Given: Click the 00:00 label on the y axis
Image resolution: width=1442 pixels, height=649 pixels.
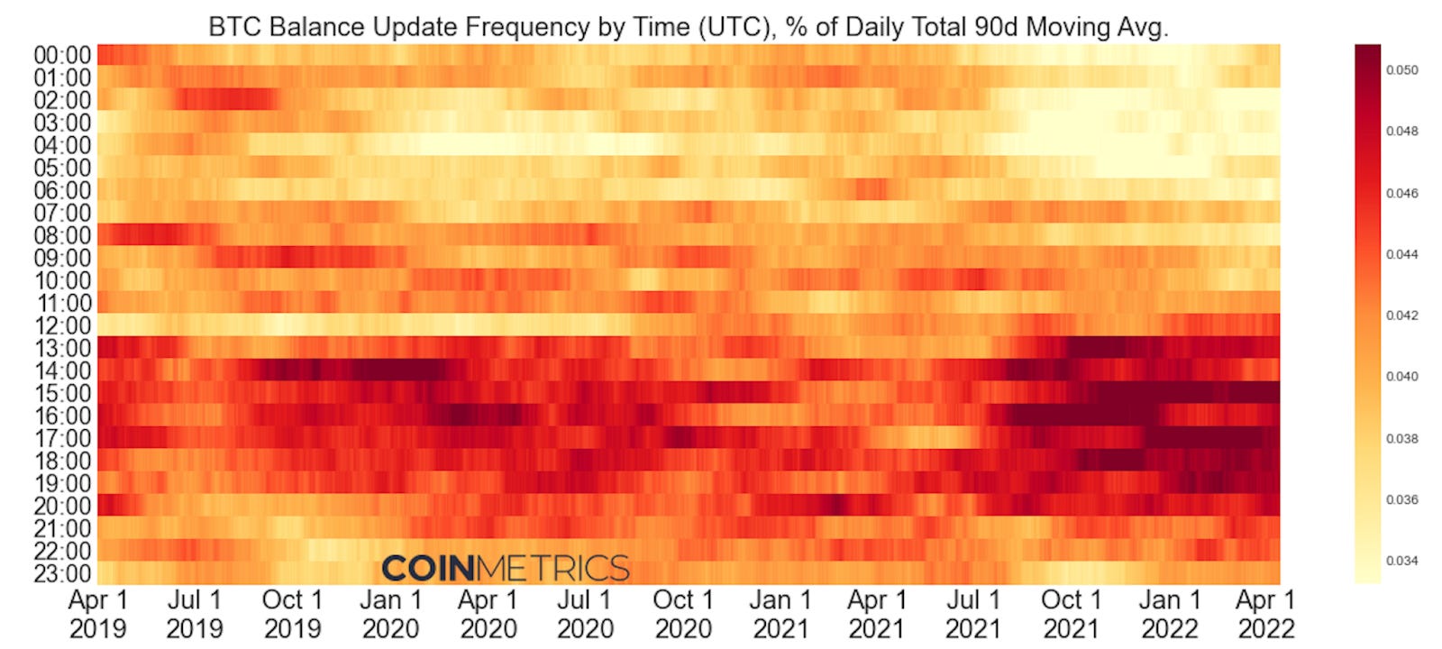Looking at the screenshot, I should point(62,55).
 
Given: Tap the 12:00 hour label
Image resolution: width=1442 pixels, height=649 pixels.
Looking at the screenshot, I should point(62,325).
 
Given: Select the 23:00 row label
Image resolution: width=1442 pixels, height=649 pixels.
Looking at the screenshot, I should point(62,573).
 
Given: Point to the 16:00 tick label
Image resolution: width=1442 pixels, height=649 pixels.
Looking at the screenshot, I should point(62,416).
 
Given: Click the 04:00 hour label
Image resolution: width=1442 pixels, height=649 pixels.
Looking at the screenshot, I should point(62,145).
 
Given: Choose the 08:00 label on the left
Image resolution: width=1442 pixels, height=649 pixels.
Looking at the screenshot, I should point(62,235).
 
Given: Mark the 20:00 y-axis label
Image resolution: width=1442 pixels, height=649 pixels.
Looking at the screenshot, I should point(62,506).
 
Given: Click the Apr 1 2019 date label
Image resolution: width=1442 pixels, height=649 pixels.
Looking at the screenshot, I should point(98,614).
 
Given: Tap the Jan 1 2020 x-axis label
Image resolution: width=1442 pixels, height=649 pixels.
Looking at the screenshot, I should point(390,614).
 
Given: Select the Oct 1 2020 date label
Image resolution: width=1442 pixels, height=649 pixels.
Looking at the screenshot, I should point(682,614).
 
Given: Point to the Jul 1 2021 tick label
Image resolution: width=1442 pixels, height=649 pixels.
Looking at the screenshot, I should point(973,614).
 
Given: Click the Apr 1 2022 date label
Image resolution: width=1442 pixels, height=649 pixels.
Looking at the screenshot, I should point(1265,614).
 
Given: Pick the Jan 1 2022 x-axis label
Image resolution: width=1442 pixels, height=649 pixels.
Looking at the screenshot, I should point(1169,614).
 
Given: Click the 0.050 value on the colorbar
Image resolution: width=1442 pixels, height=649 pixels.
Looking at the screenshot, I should point(1401,69).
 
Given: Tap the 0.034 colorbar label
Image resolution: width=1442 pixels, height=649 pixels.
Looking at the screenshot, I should point(1401,561).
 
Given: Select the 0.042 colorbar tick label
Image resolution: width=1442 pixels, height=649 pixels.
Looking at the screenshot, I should point(1401,315).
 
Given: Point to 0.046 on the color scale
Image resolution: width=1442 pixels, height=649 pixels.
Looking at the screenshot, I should point(1401,193).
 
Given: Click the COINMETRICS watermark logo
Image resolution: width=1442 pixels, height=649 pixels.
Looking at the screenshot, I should point(505,568).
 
